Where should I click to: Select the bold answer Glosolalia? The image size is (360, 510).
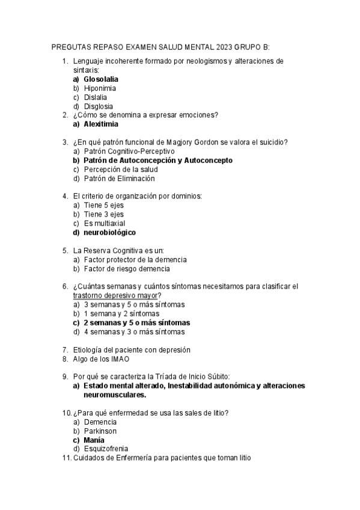pyautogui.click(x=101, y=79)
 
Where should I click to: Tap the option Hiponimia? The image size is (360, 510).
pyautogui.click(x=100, y=88)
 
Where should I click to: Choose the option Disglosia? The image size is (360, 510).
pyautogui.click(x=99, y=106)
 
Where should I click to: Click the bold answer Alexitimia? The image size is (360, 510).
pyautogui.click(x=101, y=124)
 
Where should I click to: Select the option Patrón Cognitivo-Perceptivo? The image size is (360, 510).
pyautogui.click(x=129, y=152)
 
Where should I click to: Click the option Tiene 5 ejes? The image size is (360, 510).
pyautogui.click(x=105, y=205)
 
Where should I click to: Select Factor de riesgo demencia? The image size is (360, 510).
pyautogui.click(x=127, y=269)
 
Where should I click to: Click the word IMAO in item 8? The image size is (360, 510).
pyautogui.click(x=119, y=359)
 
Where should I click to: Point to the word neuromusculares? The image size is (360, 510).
pyautogui.click(x=115, y=395)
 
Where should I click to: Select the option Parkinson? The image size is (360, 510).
pyautogui.click(x=100, y=431)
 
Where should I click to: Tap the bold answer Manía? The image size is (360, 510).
pyautogui.click(x=94, y=440)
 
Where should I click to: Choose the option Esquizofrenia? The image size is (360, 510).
pyautogui.click(x=106, y=449)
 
